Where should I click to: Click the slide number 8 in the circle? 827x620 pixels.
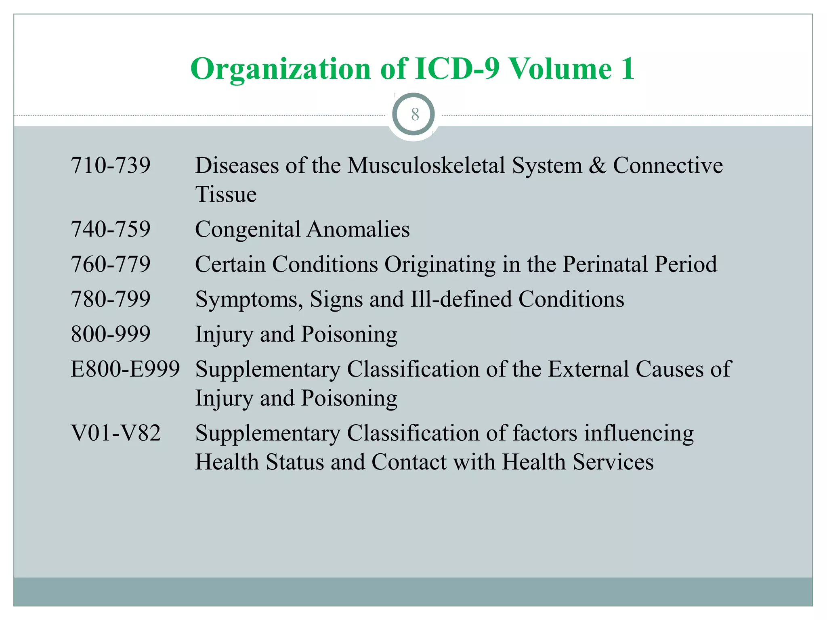tap(415, 115)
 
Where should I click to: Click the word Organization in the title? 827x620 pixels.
tap(281, 69)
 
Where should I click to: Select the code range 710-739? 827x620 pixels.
tap(111, 165)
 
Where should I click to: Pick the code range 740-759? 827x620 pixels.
tap(111, 229)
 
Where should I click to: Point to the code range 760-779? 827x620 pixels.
tap(111, 264)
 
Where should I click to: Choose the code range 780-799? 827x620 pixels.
tap(111, 299)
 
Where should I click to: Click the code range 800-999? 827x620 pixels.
tap(111, 334)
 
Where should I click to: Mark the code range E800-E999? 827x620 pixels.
tap(125, 369)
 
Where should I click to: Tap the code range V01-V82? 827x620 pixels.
tap(116, 433)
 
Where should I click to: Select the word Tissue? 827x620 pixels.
tap(226, 194)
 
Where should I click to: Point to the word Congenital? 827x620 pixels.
tap(248, 230)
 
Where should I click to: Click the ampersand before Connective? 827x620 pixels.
tap(597, 165)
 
